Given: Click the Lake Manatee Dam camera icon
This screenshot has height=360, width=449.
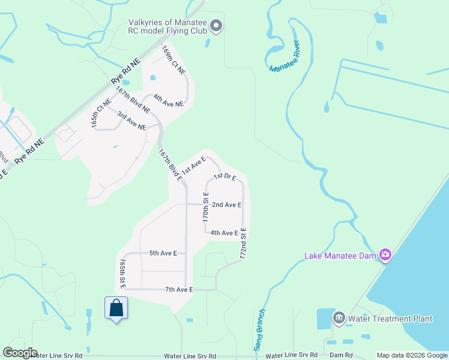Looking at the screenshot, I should [x=385, y=255].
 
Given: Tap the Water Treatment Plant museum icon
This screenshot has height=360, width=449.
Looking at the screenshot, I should [x=339, y=318].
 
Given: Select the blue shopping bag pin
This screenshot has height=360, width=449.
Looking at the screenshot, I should [x=116, y=309].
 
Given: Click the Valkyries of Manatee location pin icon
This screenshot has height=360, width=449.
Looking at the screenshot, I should [x=217, y=26].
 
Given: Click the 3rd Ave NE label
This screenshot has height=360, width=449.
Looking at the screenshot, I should [x=131, y=121].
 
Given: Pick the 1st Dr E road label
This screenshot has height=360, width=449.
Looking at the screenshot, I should [x=225, y=176].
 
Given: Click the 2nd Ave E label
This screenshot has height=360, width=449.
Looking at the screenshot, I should [x=226, y=205].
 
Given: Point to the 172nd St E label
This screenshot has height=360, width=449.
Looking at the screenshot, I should [x=244, y=243].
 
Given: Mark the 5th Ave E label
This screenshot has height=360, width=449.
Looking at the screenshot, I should [x=163, y=253].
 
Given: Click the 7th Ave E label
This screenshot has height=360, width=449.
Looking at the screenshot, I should [x=178, y=290].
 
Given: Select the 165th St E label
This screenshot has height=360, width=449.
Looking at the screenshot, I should [x=122, y=274].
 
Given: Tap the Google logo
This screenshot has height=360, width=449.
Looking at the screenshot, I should [x=20, y=353].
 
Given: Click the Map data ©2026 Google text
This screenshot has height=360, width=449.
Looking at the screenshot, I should [x=411, y=355].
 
